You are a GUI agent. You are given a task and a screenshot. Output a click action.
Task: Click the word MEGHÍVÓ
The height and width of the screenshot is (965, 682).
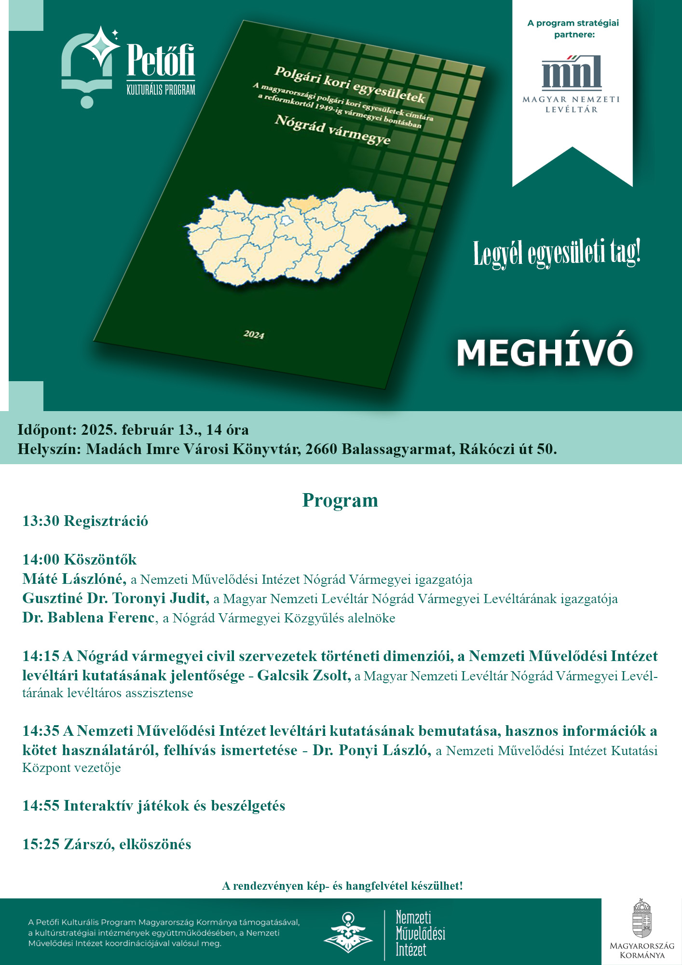(545, 353)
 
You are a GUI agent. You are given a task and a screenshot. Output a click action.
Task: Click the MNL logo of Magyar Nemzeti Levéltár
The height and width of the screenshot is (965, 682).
(572, 73)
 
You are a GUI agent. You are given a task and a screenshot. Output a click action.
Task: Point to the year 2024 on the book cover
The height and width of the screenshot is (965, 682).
(254, 334)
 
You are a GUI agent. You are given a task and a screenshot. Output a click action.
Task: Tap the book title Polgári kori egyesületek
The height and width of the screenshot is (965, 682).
(350, 85)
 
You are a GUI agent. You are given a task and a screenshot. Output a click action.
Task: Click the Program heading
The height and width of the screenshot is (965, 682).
(340, 500)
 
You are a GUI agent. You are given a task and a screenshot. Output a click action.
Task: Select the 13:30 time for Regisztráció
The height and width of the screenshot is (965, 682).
(41, 521)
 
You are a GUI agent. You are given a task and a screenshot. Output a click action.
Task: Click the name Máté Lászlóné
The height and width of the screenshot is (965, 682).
(74, 579)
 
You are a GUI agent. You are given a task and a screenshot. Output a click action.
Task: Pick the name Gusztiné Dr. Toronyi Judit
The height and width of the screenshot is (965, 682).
(116, 598)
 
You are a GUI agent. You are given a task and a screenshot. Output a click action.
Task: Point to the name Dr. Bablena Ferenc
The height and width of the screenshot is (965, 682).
(89, 618)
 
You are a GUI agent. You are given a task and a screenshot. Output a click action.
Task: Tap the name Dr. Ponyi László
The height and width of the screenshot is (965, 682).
(371, 750)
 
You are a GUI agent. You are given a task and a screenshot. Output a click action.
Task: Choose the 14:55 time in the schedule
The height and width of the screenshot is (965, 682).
(41, 806)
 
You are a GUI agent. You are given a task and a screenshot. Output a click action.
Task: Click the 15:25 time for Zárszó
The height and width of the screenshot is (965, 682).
(41, 844)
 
